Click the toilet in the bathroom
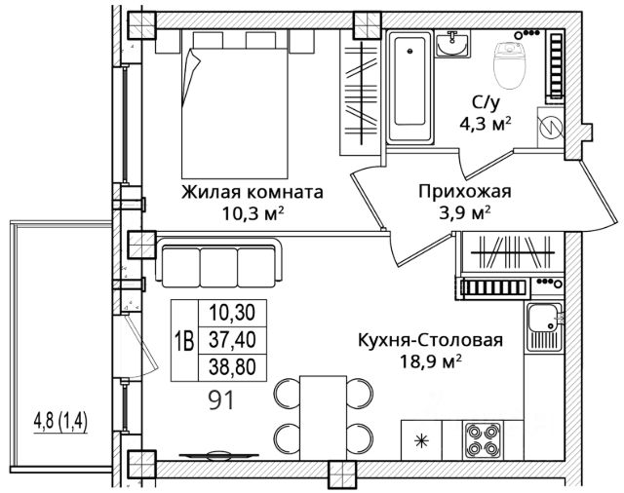point(509,65)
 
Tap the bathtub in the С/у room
point(409,87)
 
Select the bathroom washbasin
point(452,44)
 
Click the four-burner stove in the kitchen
point(483,439)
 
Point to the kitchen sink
point(544,326)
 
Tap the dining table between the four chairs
point(323,417)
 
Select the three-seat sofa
point(218,262)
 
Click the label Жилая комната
point(253,193)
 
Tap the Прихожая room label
point(464,192)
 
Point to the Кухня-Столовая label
point(431,341)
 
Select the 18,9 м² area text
point(431,361)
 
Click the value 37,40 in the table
point(232,340)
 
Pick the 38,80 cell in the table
point(232,367)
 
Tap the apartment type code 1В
point(184,341)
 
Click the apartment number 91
point(220,399)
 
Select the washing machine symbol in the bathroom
point(550,128)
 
